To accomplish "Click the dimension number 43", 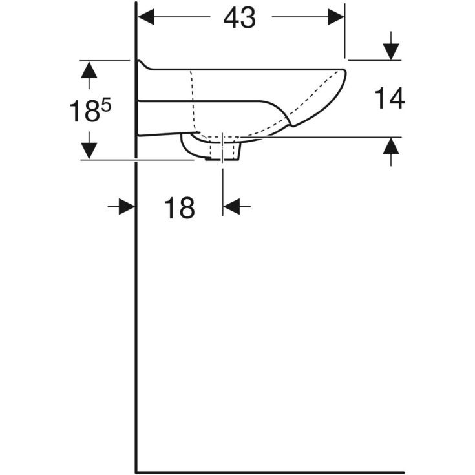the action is [239, 18].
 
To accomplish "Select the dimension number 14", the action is [390, 98].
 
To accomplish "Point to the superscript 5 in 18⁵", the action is [107, 106].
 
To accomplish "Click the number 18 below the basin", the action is [180, 208].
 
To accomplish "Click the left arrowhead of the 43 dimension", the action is [146, 17].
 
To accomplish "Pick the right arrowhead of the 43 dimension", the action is [336, 17].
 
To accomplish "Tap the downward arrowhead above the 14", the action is [391, 52].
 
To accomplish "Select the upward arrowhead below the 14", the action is [391, 145].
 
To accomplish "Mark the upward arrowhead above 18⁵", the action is [89, 70].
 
